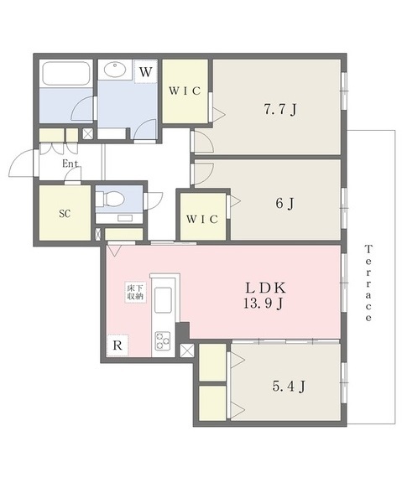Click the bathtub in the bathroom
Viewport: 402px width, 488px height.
[66, 74]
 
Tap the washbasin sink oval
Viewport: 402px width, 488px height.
[115, 70]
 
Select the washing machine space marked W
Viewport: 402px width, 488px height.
[145, 72]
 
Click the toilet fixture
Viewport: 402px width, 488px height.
[110, 199]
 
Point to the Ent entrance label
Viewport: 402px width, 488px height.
[70, 164]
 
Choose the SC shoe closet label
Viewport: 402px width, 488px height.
[65, 214]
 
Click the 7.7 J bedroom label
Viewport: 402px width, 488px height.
[280, 109]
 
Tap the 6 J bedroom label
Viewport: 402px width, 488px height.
[285, 203]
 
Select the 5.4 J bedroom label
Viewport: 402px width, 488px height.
[289, 387]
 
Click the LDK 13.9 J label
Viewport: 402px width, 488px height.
[265, 296]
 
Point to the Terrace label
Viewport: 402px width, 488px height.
[368, 283]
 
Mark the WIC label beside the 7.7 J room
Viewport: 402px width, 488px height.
[185, 91]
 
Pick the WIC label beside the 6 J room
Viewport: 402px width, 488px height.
[202, 219]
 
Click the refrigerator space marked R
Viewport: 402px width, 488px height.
[117, 345]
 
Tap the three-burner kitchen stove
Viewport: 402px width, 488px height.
[163, 340]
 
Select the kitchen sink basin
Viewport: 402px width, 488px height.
[163, 299]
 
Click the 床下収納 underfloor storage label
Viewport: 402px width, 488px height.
[135, 292]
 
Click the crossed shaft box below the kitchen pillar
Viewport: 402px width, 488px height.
[187, 350]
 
